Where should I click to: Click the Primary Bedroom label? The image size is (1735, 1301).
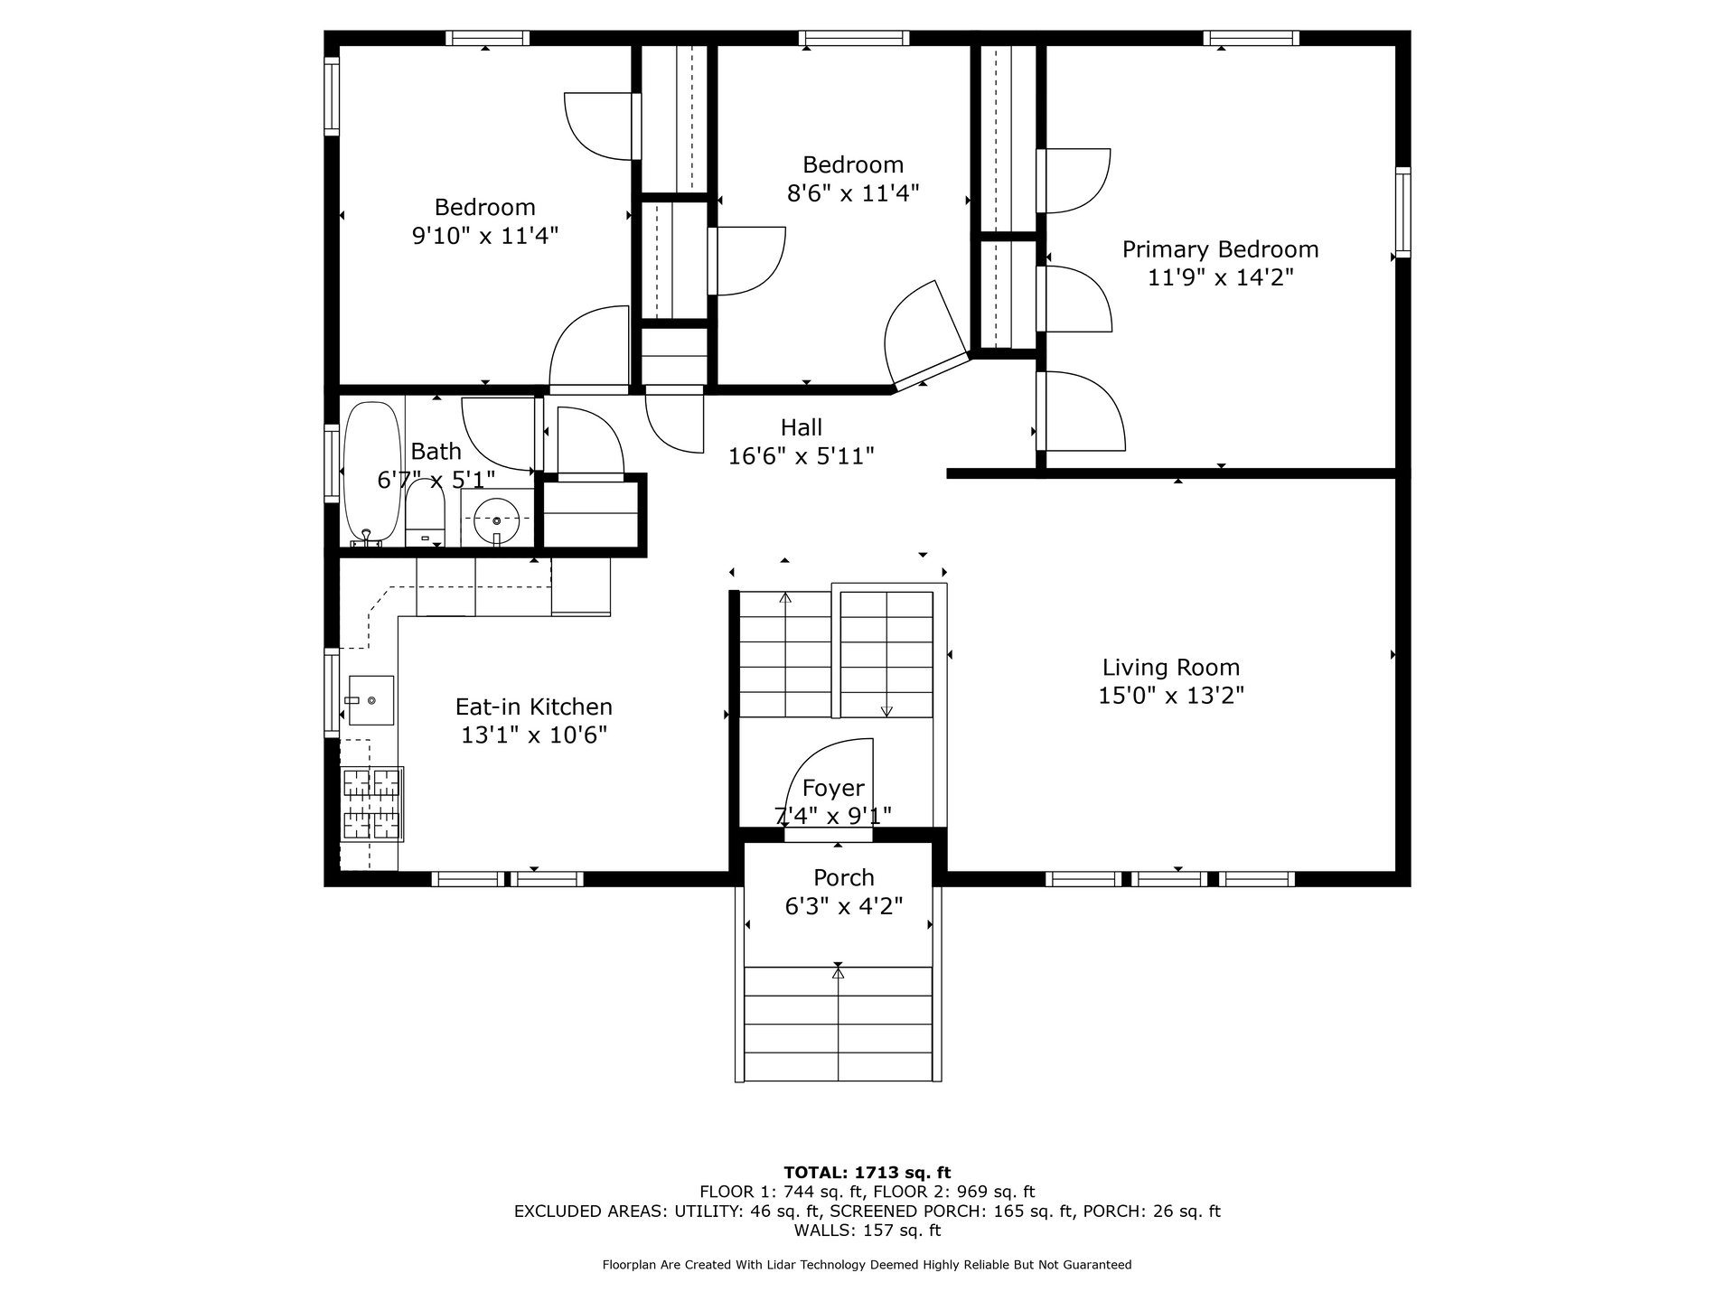click(x=1220, y=249)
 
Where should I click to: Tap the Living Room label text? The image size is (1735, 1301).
click(x=1171, y=668)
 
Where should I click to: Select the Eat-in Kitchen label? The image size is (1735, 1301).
click(x=533, y=707)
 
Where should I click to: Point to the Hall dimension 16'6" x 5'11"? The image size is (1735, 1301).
click(x=802, y=456)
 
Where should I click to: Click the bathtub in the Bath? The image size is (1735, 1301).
click(x=371, y=473)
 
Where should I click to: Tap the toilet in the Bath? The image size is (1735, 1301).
click(x=425, y=511)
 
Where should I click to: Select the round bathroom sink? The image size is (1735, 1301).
click(x=497, y=520)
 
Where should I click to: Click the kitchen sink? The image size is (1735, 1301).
click(x=370, y=700)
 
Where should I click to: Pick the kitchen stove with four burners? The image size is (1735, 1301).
click(x=371, y=803)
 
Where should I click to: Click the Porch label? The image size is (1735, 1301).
click(x=844, y=877)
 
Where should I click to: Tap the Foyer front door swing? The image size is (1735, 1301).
click(x=830, y=784)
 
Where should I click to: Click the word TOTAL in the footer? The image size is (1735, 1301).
click(x=817, y=1173)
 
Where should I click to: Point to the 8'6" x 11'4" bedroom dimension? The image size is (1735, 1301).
click(x=853, y=193)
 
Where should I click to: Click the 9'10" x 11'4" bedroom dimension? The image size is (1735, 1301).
click(x=485, y=236)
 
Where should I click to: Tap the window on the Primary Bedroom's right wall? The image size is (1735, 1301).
click(x=1402, y=212)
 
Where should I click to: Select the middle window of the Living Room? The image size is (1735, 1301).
click(x=1170, y=878)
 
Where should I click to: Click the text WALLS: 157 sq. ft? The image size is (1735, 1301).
click(x=867, y=1231)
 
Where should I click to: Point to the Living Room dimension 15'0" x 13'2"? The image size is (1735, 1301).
click(x=1171, y=696)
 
